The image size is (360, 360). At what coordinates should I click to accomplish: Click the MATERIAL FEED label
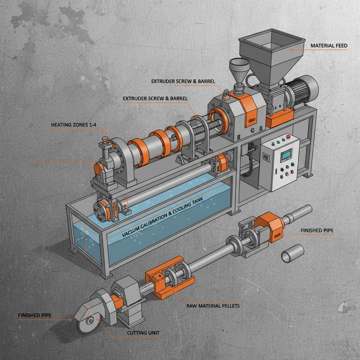tap(329, 46)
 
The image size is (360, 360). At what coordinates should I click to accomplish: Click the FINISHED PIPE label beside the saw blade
tap(34, 315)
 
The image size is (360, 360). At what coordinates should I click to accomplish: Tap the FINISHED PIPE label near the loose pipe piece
tap(317, 231)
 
